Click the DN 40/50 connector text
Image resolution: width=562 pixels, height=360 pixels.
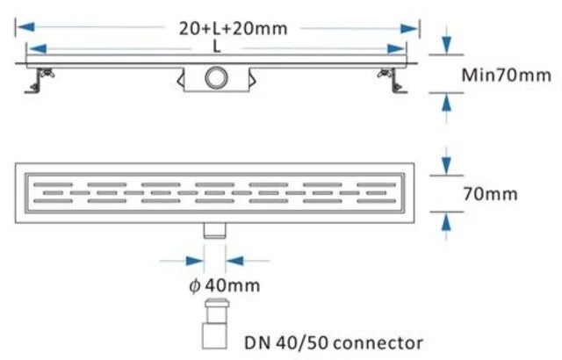click(334, 341)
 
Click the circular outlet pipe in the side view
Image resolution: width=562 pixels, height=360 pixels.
click(215, 77)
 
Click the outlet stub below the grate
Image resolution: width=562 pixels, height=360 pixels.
click(215, 229)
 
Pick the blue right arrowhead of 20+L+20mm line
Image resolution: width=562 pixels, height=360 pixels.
click(408, 28)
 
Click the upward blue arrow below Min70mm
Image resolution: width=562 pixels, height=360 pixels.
click(447, 107)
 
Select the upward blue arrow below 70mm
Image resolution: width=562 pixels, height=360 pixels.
click(447, 222)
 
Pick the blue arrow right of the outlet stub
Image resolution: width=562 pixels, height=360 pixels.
click(237, 260)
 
